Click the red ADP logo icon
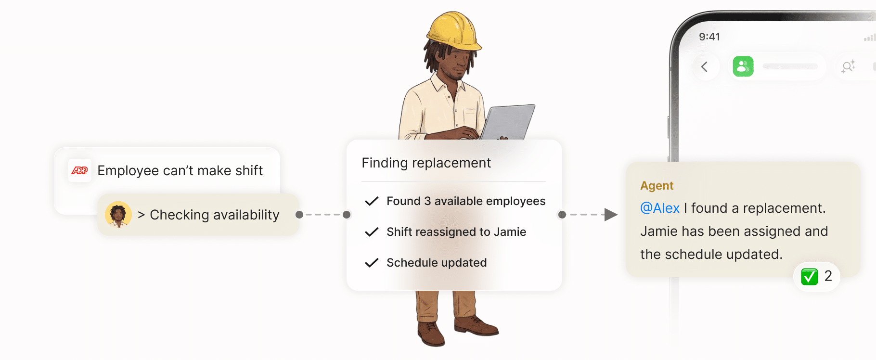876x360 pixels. point(79,170)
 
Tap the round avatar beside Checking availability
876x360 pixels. point(118,215)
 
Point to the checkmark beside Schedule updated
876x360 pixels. point(372,263)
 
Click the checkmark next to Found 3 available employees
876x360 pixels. point(372,201)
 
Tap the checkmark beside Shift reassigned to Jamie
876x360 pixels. point(372,232)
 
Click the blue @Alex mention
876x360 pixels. point(659,208)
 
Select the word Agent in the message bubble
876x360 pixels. point(657,186)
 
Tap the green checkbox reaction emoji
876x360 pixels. point(809,276)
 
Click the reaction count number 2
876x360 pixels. point(828,276)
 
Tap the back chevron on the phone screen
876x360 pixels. point(705,66)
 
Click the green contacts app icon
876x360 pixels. point(743,66)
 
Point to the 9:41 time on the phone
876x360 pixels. point(709,37)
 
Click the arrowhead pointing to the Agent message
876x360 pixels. point(611,215)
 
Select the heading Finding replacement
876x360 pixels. point(426,163)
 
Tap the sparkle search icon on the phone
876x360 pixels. point(848,66)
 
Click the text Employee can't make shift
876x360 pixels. point(180,170)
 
